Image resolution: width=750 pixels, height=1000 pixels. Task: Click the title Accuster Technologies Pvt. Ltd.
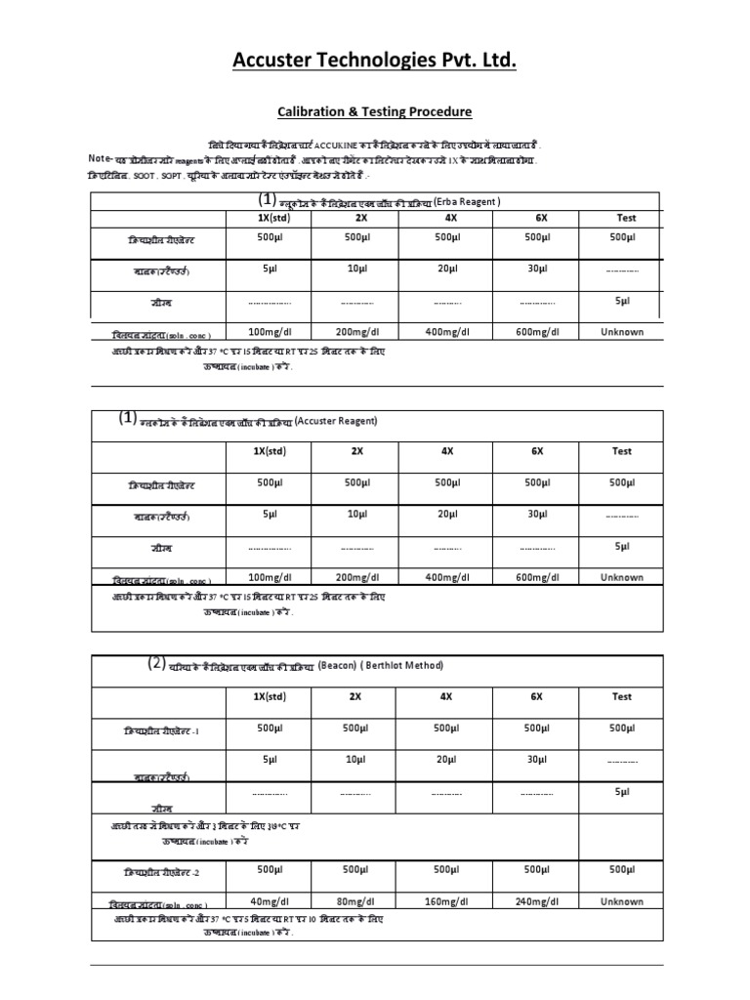(x=374, y=62)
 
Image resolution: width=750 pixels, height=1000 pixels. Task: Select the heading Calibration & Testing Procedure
(x=374, y=112)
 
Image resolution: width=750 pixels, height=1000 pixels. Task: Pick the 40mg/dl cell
(x=265, y=901)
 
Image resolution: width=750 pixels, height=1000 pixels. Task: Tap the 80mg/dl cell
(x=357, y=901)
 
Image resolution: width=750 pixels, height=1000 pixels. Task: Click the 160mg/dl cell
(x=447, y=901)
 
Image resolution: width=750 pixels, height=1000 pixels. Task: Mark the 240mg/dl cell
(x=537, y=901)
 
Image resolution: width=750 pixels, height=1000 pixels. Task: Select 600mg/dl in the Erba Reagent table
(x=537, y=332)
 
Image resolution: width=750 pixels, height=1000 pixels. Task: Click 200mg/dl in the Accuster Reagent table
(x=357, y=577)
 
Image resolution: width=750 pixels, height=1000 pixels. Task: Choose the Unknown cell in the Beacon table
(x=622, y=901)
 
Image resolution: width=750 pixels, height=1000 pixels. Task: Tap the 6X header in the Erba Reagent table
(x=537, y=219)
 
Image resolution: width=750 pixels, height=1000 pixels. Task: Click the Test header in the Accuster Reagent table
(x=622, y=451)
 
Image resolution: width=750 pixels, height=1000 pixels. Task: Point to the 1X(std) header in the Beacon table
(x=265, y=697)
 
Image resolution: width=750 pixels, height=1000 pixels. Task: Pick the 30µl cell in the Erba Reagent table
(x=537, y=268)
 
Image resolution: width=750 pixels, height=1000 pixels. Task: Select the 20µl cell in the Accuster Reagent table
(x=447, y=514)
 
